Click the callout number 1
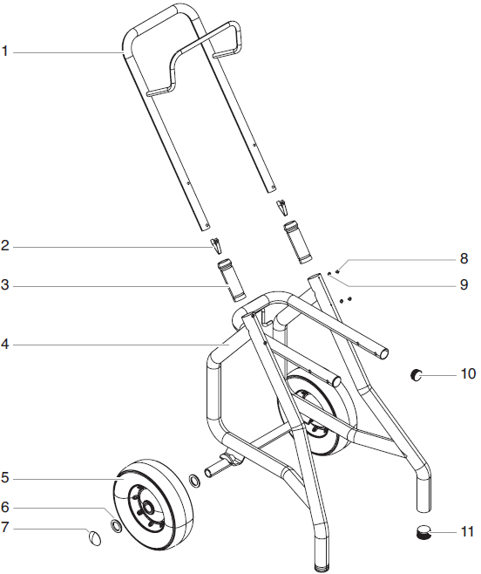coord(5,52)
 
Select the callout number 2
coord(5,247)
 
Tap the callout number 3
coord(5,286)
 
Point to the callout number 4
coord(5,345)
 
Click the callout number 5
coord(5,478)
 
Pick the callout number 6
coord(5,505)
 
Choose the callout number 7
coord(5,527)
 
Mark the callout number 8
coord(464,258)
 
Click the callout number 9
coord(464,284)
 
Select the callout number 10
coord(468,374)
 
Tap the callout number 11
coord(468,530)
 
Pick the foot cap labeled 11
coord(423,531)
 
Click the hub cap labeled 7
coord(94,536)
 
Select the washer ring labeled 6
coord(115,525)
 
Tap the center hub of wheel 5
coord(149,505)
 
